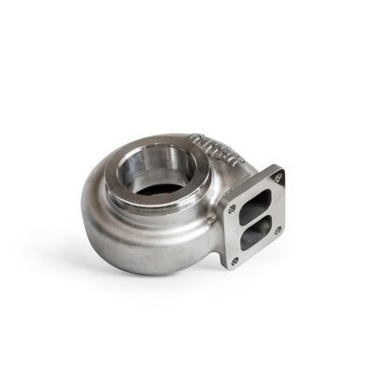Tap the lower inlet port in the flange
point(252,236)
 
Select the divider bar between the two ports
point(253,223)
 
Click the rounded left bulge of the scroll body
point(98,210)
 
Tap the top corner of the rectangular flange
point(278,169)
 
